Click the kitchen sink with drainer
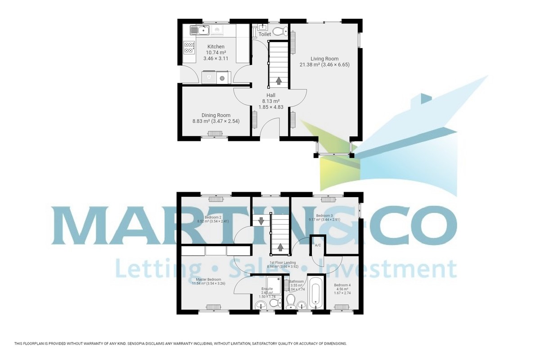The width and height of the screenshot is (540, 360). click(x=198, y=30)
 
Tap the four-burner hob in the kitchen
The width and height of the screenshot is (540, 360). click(x=189, y=47)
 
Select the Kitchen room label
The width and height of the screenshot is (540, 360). click(x=216, y=47)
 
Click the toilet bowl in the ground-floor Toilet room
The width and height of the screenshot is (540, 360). click(x=279, y=31)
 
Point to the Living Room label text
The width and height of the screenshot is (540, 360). click(x=324, y=58)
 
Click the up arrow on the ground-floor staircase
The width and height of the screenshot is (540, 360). click(x=279, y=81)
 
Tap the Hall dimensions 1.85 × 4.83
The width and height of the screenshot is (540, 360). click(x=270, y=107)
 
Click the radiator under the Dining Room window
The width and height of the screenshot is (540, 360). click(x=215, y=133)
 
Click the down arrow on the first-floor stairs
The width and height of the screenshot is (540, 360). click(x=260, y=220)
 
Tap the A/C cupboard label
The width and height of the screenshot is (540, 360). click(x=318, y=245)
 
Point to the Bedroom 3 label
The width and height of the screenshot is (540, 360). click(x=324, y=216)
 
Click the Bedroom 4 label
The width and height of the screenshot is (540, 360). click(x=342, y=285)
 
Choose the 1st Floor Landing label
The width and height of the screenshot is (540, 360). click(x=283, y=262)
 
